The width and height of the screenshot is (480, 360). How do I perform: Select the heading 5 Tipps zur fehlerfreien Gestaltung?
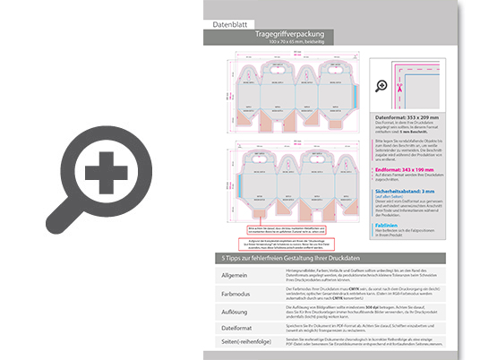pos(296,257)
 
